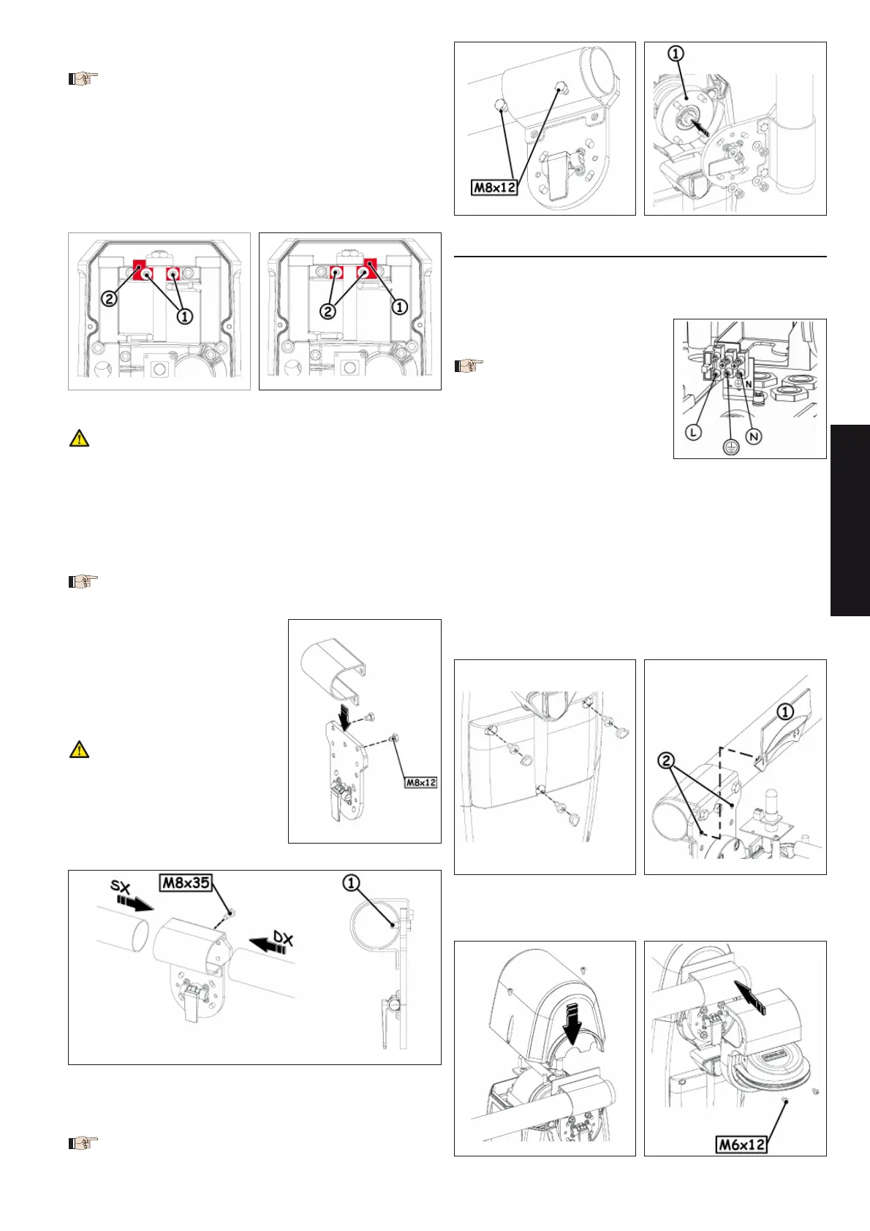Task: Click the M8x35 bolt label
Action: coord(186,882)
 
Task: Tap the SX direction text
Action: coord(121,886)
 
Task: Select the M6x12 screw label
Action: coord(741,1145)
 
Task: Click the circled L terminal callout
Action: coord(694,432)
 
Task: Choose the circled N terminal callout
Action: coord(754,436)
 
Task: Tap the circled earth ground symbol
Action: coord(730,447)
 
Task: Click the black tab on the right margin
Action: coord(850,520)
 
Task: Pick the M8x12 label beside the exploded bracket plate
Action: coord(420,782)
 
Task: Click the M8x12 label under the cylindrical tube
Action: coord(495,187)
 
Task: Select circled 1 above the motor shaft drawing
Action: coord(676,54)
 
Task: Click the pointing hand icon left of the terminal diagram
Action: coord(469,365)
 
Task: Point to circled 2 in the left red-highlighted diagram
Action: coord(110,299)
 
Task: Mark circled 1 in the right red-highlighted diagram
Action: coord(400,306)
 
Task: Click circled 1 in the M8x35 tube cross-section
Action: coord(351,884)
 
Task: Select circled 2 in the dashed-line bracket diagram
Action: coord(666,761)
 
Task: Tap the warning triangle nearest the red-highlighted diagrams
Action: coord(79,438)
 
